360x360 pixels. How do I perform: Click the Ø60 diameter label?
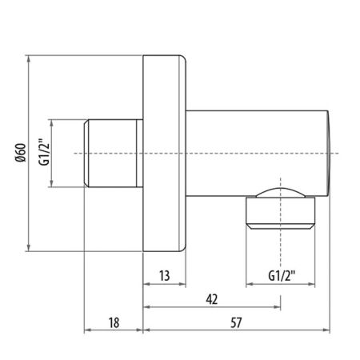coord(18,153)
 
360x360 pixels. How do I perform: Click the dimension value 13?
coord(164,277)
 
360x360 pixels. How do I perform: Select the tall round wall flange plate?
coord(164,153)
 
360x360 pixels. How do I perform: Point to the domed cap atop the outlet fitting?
coord(281,192)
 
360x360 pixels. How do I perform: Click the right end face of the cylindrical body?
coord(328,153)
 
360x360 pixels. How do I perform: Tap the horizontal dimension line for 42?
coord(240,306)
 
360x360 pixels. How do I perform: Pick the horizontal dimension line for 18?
coord(100,330)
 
